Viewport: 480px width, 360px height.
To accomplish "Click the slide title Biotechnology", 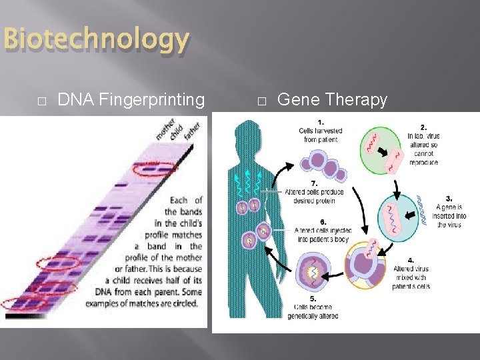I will [95, 40].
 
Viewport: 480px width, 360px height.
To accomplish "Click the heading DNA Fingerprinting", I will [131, 100].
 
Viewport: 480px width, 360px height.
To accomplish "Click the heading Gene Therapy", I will [331, 100].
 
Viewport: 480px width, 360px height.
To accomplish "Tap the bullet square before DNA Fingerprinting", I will [41, 101].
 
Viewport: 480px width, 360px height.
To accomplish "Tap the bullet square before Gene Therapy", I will [261, 101].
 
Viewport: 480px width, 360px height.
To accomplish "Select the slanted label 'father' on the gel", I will [192, 131].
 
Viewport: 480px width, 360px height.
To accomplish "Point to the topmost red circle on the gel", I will [155, 170].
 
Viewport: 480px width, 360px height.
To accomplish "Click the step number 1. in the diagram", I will [321, 123].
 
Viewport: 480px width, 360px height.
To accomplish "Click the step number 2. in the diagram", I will [423, 127].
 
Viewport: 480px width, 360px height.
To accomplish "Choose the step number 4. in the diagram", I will [411, 260].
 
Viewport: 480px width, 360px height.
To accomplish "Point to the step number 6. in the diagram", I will [323, 221].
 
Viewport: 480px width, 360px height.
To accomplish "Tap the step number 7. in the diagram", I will [313, 183].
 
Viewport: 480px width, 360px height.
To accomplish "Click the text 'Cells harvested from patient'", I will [321, 135].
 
